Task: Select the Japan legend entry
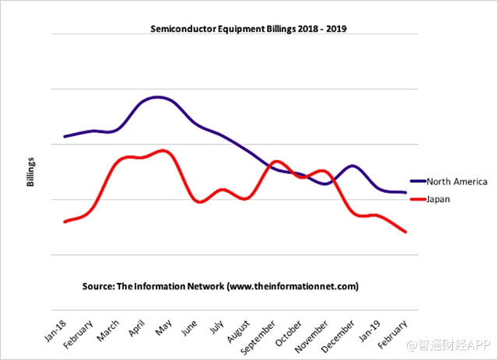click(439, 199)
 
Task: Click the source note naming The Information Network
click(220, 286)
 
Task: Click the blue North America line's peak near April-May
click(159, 97)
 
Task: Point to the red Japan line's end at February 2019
click(406, 232)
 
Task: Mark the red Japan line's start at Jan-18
click(65, 222)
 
